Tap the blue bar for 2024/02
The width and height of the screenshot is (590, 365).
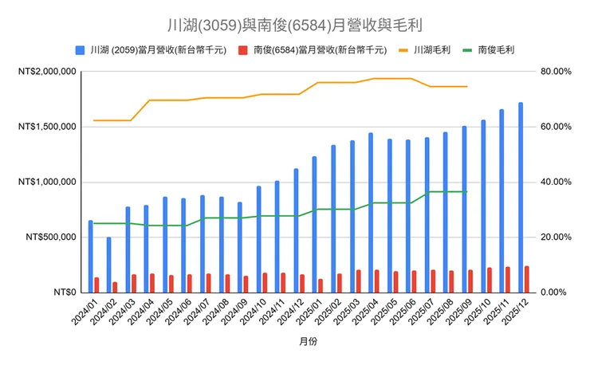[109, 265]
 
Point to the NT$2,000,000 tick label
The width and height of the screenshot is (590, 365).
[45, 72]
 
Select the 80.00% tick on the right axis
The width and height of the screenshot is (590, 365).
[556, 72]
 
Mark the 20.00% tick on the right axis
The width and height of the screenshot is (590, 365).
[556, 237]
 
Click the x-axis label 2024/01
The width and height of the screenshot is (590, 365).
[85, 313]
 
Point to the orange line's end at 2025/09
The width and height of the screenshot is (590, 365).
[466, 86]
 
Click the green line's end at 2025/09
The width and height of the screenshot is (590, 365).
[466, 192]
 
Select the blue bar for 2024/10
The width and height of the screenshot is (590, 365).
[258, 239]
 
